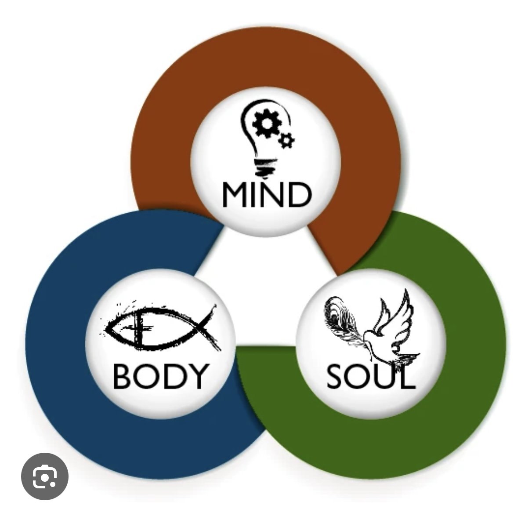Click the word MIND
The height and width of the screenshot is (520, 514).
(x=267, y=195)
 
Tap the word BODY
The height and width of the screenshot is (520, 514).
(x=161, y=376)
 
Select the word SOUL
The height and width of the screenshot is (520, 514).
(x=371, y=376)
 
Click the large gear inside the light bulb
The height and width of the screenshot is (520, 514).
(x=267, y=124)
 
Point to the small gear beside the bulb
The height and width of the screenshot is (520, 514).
(x=286, y=141)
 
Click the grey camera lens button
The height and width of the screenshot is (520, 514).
(x=45, y=476)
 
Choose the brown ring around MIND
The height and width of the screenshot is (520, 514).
(x=265, y=56)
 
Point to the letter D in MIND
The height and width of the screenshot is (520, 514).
(x=300, y=195)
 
